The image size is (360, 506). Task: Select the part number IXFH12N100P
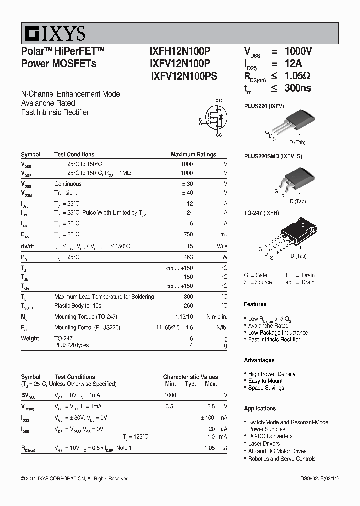[x=180, y=51]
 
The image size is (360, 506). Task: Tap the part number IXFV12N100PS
[x=184, y=77]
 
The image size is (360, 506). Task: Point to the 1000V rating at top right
[x=298, y=51]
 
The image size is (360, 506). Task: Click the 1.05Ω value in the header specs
[x=298, y=76]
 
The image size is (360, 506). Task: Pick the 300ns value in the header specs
[x=298, y=88]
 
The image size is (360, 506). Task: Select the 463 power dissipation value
[x=188, y=257]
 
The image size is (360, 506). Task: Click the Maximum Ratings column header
[x=193, y=155]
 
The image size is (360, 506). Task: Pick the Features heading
[x=255, y=304]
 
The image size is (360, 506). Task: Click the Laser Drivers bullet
[x=264, y=444]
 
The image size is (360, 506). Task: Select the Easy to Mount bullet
[x=265, y=381]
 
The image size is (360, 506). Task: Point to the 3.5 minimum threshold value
[x=169, y=407]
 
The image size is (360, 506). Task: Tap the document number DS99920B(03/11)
[x=319, y=478]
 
